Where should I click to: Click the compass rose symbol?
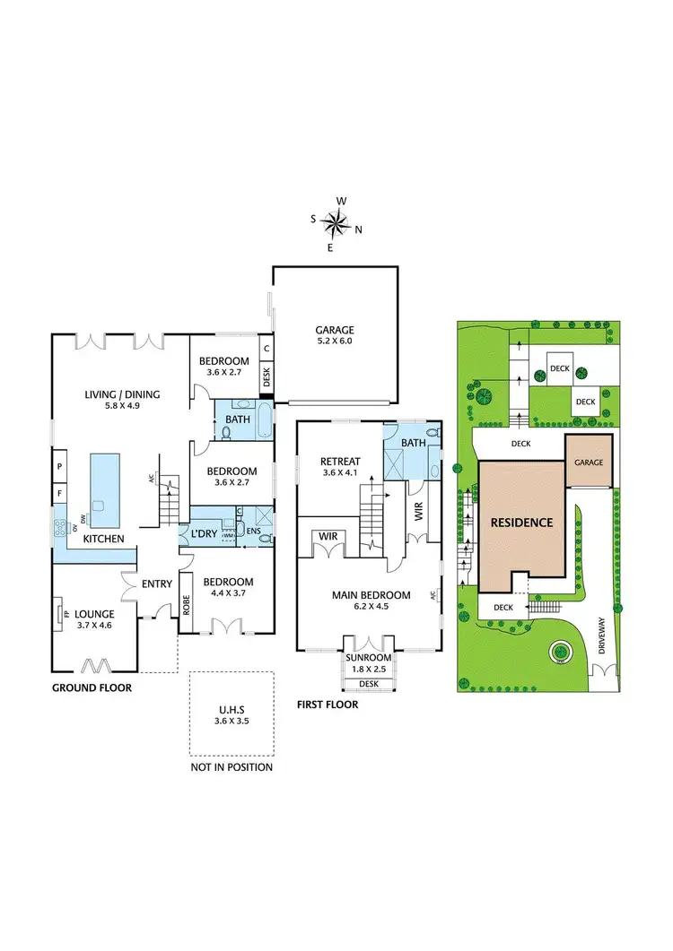point(336,222)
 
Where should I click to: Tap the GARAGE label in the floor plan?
point(334,330)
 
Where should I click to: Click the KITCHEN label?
point(103,540)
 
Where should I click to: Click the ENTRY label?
point(157,584)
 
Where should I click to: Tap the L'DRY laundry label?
point(200,534)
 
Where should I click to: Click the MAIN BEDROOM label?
point(371,595)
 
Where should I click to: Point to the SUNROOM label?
point(369,657)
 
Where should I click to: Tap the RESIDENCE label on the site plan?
point(521,522)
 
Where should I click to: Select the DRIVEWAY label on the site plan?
point(603,647)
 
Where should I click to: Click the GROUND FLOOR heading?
point(92,688)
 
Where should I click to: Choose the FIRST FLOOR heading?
point(328,705)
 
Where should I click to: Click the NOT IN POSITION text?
point(231,767)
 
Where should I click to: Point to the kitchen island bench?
point(104,490)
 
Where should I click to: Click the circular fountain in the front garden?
point(562,652)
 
